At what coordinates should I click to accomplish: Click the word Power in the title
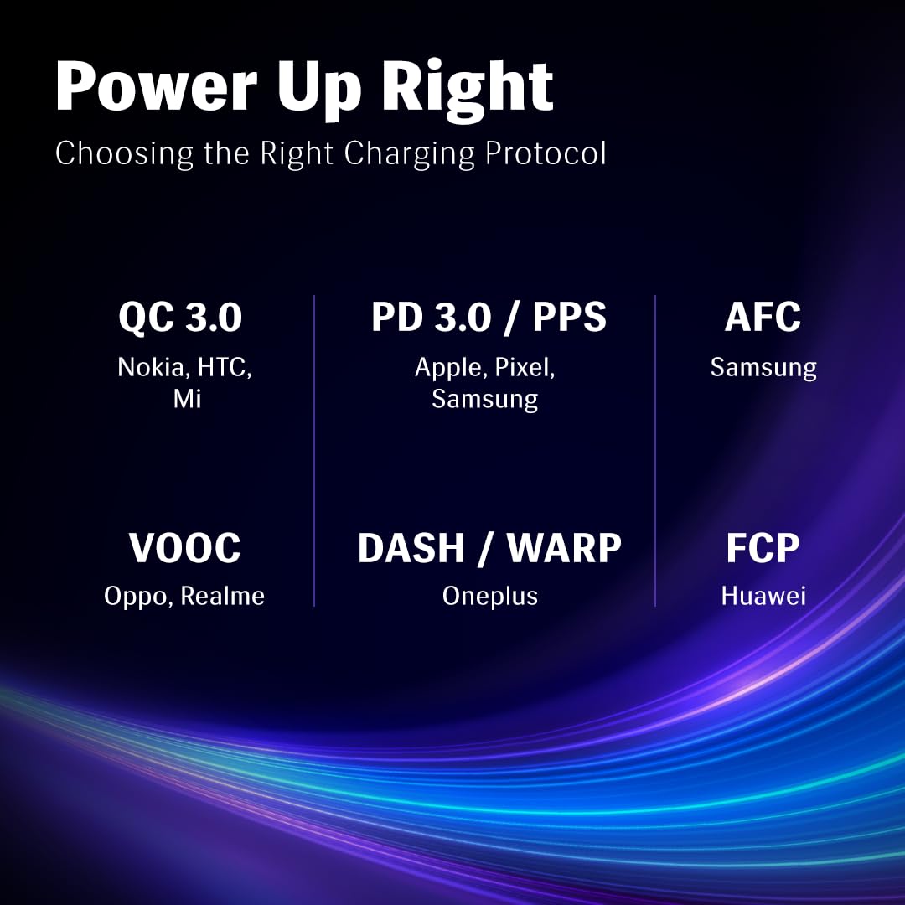pos(156,86)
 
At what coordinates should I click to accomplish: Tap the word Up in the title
pos(319,90)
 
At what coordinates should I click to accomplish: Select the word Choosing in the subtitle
pos(124,154)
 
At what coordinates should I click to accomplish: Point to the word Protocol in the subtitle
pos(546,153)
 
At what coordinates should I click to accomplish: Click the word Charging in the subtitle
pos(409,154)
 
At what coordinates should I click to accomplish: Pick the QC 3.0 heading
pos(180,317)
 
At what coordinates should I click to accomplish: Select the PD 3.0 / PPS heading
pos(489,317)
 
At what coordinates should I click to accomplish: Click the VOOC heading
pos(184,547)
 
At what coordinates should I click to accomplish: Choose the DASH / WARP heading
pos(489,547)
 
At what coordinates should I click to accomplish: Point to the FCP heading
pos(763,547)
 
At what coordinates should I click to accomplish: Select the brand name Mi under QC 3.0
pos(187,399)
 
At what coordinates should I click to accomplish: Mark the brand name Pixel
pos(525,368)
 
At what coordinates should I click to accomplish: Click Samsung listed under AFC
pos(763,368)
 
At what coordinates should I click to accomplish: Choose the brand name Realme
pos(222,596)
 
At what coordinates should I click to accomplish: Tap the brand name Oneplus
pos(490,597)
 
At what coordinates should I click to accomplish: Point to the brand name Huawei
pos(763,596)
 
